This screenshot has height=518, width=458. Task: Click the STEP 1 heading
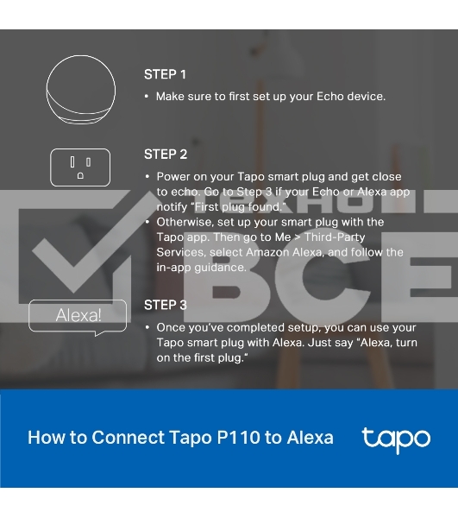click(x=165, y=74)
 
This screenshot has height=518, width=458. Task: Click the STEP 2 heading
click(x=166, y=155)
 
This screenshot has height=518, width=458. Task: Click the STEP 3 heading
click(x=166, y=305)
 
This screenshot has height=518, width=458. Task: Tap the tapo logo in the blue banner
click(x=396, y=440)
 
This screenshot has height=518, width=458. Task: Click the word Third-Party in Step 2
click(x=335, y=237)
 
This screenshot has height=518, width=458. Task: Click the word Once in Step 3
click(x=170, y=327)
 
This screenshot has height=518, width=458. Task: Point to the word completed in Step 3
click(x=255, y=328)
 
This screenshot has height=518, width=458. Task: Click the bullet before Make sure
click(x=147, y=97)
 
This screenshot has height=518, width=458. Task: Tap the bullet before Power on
click(x=147, y=177)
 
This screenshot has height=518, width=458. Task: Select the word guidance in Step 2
click(x=220, y=268)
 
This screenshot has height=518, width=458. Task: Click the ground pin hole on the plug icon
click(x=80, y=176)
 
